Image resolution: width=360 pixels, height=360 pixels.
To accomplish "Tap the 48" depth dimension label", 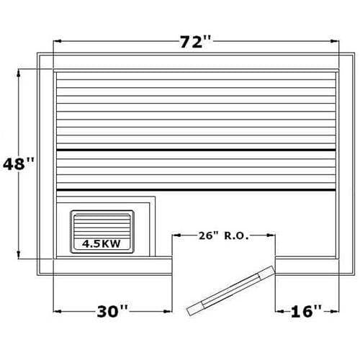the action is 19,163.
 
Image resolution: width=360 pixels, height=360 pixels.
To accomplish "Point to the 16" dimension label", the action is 306,311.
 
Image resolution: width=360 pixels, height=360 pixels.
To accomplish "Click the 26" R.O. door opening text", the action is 223,235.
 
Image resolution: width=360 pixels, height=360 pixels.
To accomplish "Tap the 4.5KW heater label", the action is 102,243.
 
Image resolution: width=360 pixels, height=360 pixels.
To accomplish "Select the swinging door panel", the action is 231,290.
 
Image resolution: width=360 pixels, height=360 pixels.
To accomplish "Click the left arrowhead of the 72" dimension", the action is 58,41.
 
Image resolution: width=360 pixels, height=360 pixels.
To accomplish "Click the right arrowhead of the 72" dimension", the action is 335,41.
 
